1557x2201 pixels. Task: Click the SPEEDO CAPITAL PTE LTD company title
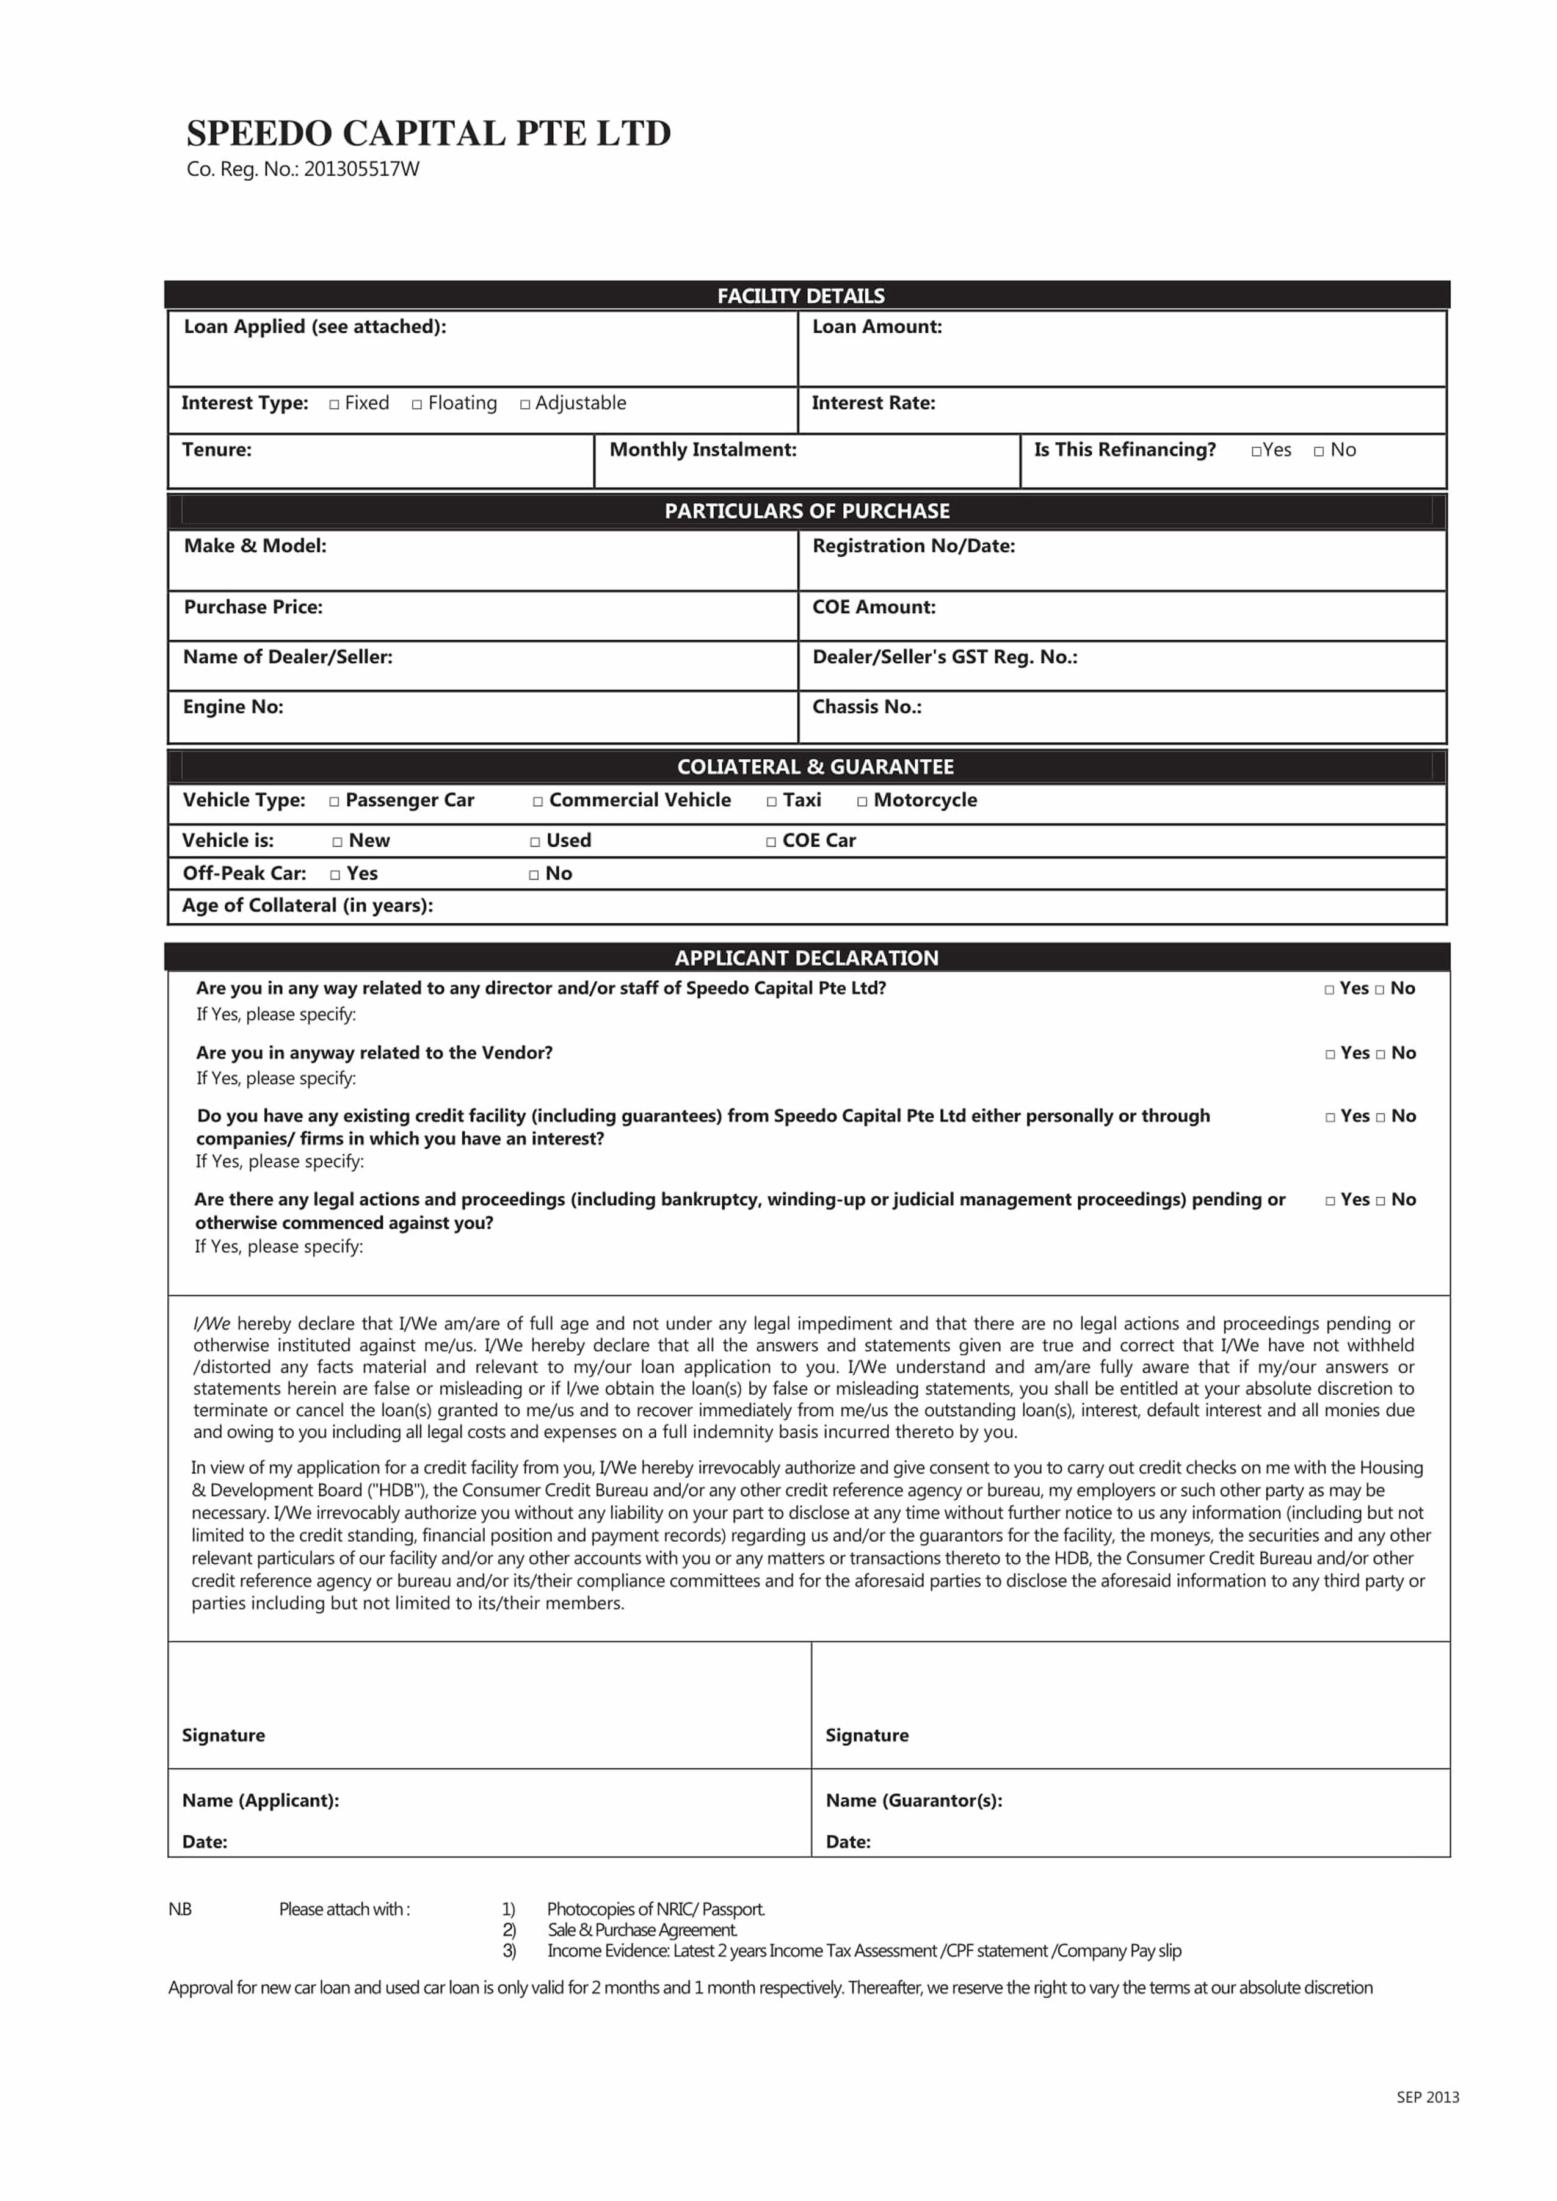[429, 133]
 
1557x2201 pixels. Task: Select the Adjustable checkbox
[524, 405]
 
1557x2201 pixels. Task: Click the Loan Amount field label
[876, 327]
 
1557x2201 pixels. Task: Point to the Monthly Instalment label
[703, 450]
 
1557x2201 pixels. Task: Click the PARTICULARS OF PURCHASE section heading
[807, 511]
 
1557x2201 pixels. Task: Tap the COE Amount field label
[873, 607]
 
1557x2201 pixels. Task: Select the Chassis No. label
[866, 707]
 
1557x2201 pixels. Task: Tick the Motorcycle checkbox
[862, 801]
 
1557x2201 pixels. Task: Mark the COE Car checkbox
[771, 842]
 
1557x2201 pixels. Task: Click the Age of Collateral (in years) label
[308, 905]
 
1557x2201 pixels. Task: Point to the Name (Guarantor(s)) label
[913, 1801]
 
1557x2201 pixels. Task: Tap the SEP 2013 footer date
[1428, 2097]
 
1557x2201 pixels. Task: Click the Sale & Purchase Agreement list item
[641, 1930]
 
